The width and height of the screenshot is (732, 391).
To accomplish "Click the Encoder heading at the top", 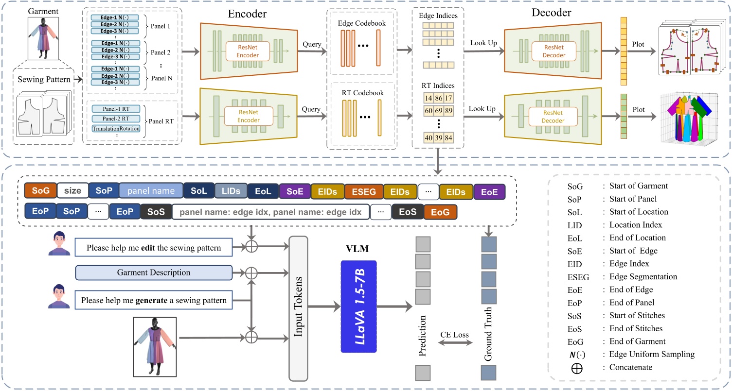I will [x=248, y=14].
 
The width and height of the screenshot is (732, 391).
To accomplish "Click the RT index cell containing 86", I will [x=440, y=98].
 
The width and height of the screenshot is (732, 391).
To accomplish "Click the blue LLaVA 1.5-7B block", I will [x=359, y=306].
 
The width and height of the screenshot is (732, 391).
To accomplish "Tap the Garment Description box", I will [x=153, y=272].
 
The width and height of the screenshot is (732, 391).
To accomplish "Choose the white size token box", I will [x=72, y=191].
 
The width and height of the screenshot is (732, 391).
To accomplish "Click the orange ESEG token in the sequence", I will [x=364, y=191].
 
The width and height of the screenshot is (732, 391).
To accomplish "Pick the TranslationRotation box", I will [x=116, y=129].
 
